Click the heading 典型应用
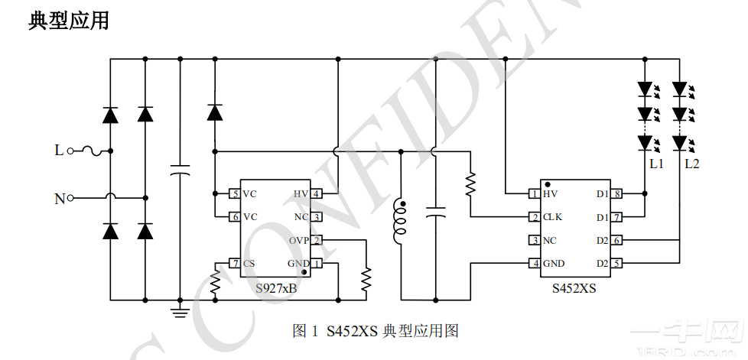click(69, 21)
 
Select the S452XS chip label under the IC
click(574, 289)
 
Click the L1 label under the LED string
click(656, 164)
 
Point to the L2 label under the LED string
click(691, 164)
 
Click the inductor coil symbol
click(399, 222)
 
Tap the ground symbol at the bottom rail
click(179, 309)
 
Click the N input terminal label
click(59, 199)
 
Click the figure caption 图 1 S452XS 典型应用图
click(375, 331)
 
